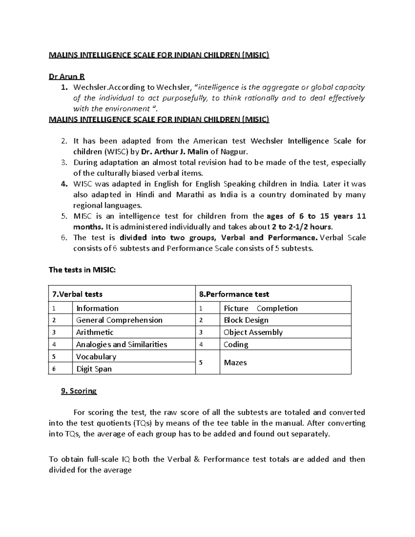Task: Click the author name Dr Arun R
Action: [x=67, y=76]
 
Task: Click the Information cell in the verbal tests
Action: [x=97, y=308]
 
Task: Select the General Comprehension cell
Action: [x=119, y=320]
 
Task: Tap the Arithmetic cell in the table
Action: [x=94, y=332]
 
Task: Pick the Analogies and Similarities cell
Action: [x=121, y=344]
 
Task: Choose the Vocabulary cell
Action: [x=96, y=357]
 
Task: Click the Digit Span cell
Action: [x=94, y=369]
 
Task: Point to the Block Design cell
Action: [x=246, y=320]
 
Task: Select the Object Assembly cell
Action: [x=253, y=332]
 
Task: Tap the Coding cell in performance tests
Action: [x=236, y=344]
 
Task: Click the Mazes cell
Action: [x=235, y=362]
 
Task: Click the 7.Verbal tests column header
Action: [x=77, y=294]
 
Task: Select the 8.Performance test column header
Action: [x=234, y=294]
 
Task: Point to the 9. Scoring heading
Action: [x=79, y=391]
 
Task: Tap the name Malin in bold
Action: [x=200, y=152]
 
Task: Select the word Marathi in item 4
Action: [x=190, y=195]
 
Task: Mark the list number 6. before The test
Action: [x=63, y=238]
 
